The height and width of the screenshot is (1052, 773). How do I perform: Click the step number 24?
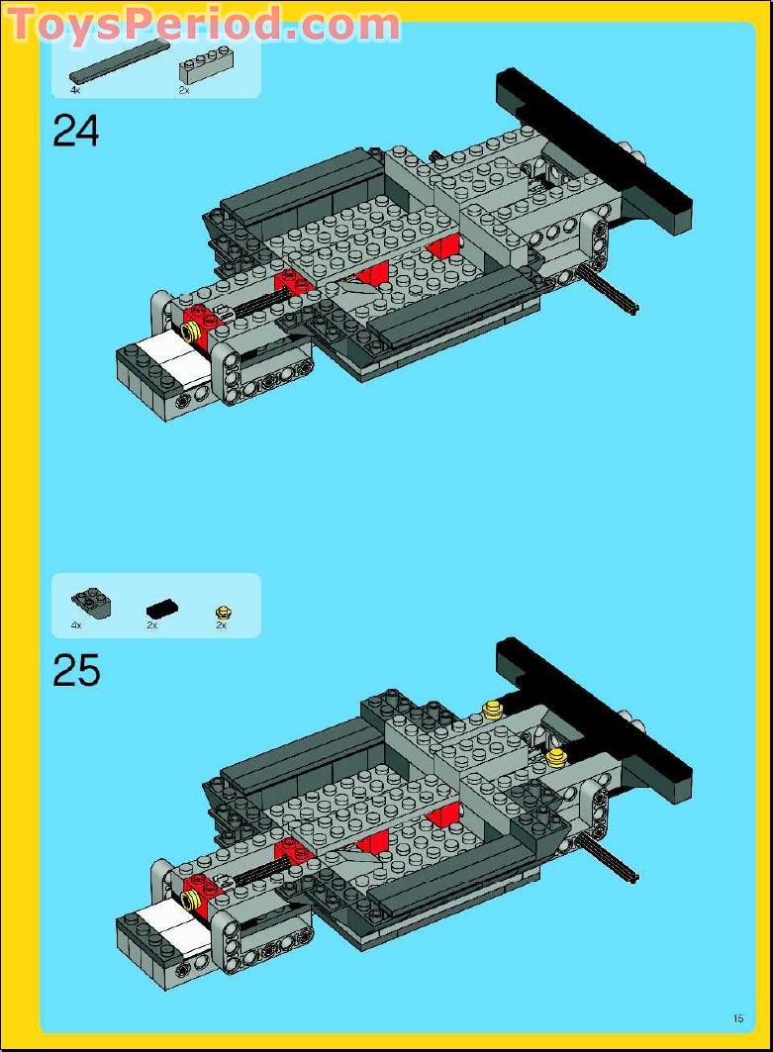76,131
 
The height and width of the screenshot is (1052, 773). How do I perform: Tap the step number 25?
76,671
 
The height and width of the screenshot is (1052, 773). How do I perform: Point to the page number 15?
738,1017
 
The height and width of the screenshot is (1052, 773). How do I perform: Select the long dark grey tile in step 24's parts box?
119,61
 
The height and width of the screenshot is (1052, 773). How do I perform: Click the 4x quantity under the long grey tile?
75,90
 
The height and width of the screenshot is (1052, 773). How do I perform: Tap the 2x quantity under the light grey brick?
183,90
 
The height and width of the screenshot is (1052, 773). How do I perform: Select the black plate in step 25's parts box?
162,608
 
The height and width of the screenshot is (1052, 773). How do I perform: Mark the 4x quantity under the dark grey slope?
76,625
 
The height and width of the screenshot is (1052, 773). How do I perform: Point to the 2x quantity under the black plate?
152,625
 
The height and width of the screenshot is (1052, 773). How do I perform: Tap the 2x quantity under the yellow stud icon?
222,625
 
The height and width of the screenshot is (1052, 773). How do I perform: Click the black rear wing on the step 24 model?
594,148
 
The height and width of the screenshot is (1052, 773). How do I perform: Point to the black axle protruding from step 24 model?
609,293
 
